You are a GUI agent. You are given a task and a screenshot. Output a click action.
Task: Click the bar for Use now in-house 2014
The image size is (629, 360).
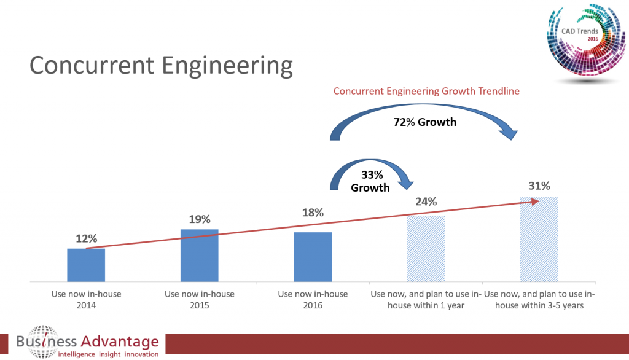pos(86,265)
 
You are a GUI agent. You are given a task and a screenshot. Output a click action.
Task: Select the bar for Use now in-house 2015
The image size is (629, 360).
pos(199,256)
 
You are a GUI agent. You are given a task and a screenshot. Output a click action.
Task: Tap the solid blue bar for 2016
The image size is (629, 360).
pos(313,257)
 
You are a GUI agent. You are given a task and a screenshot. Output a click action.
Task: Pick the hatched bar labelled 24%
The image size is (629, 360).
pos(426,248)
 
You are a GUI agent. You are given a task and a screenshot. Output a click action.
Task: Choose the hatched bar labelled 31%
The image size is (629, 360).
pos(539,239)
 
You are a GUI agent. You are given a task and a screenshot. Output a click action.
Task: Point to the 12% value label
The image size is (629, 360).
pos(86,239)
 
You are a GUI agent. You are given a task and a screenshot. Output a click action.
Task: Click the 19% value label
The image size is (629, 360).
pos(199,219)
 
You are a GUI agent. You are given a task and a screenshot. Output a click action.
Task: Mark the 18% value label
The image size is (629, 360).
pos(313,213)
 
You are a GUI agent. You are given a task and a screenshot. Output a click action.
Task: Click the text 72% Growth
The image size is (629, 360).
pos(425,122)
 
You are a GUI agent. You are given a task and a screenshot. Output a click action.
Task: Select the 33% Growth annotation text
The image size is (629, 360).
pos(370,181)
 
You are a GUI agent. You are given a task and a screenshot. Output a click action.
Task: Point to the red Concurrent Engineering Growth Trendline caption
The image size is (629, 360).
pos(427,91)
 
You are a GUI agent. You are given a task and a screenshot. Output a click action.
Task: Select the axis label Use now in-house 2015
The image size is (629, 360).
pos(199,299)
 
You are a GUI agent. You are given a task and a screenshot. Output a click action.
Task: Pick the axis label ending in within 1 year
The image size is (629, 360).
pos(426,299)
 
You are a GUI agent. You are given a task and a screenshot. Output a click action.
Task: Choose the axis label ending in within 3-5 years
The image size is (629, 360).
pos(539,299)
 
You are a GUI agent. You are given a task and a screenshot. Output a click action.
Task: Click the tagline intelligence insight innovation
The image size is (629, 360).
pos(107,353)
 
